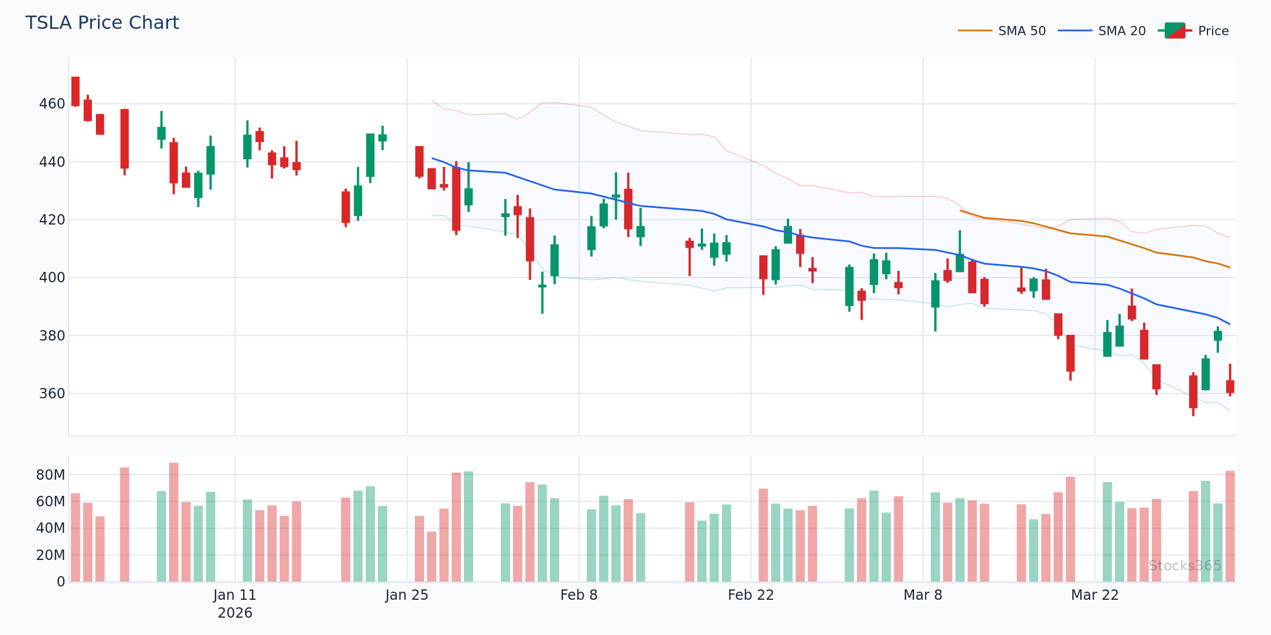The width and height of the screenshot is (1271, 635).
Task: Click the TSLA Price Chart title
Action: click(102, 23)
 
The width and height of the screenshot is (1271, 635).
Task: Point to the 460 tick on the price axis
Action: click(52, 104)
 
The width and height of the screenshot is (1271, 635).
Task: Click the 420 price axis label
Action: click(52, 220)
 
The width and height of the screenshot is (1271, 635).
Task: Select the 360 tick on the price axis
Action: click(52, 394)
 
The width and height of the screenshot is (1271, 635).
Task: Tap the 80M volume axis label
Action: click(51, 475)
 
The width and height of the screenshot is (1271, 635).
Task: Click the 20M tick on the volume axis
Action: click(51, 555)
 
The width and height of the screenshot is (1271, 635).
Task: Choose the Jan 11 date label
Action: click(235, 595)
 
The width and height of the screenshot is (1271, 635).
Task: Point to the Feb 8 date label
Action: click(579, 595)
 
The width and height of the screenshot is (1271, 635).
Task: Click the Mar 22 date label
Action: click(1095, 595)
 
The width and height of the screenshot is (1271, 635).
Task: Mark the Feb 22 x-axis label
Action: click(750, 595)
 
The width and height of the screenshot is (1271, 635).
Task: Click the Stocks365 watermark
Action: click(1185, 566)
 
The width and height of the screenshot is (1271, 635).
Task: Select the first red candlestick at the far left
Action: click(76, 91)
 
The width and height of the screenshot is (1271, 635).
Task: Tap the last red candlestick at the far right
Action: click(1230, 386)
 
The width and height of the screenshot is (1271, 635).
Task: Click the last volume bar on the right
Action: click(1230, 526)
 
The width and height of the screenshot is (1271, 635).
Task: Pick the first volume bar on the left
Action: click(76, 537)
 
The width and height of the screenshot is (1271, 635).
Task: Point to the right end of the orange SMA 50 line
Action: click(1229, 267)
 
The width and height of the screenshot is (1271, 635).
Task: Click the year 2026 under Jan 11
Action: click(235, 613)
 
